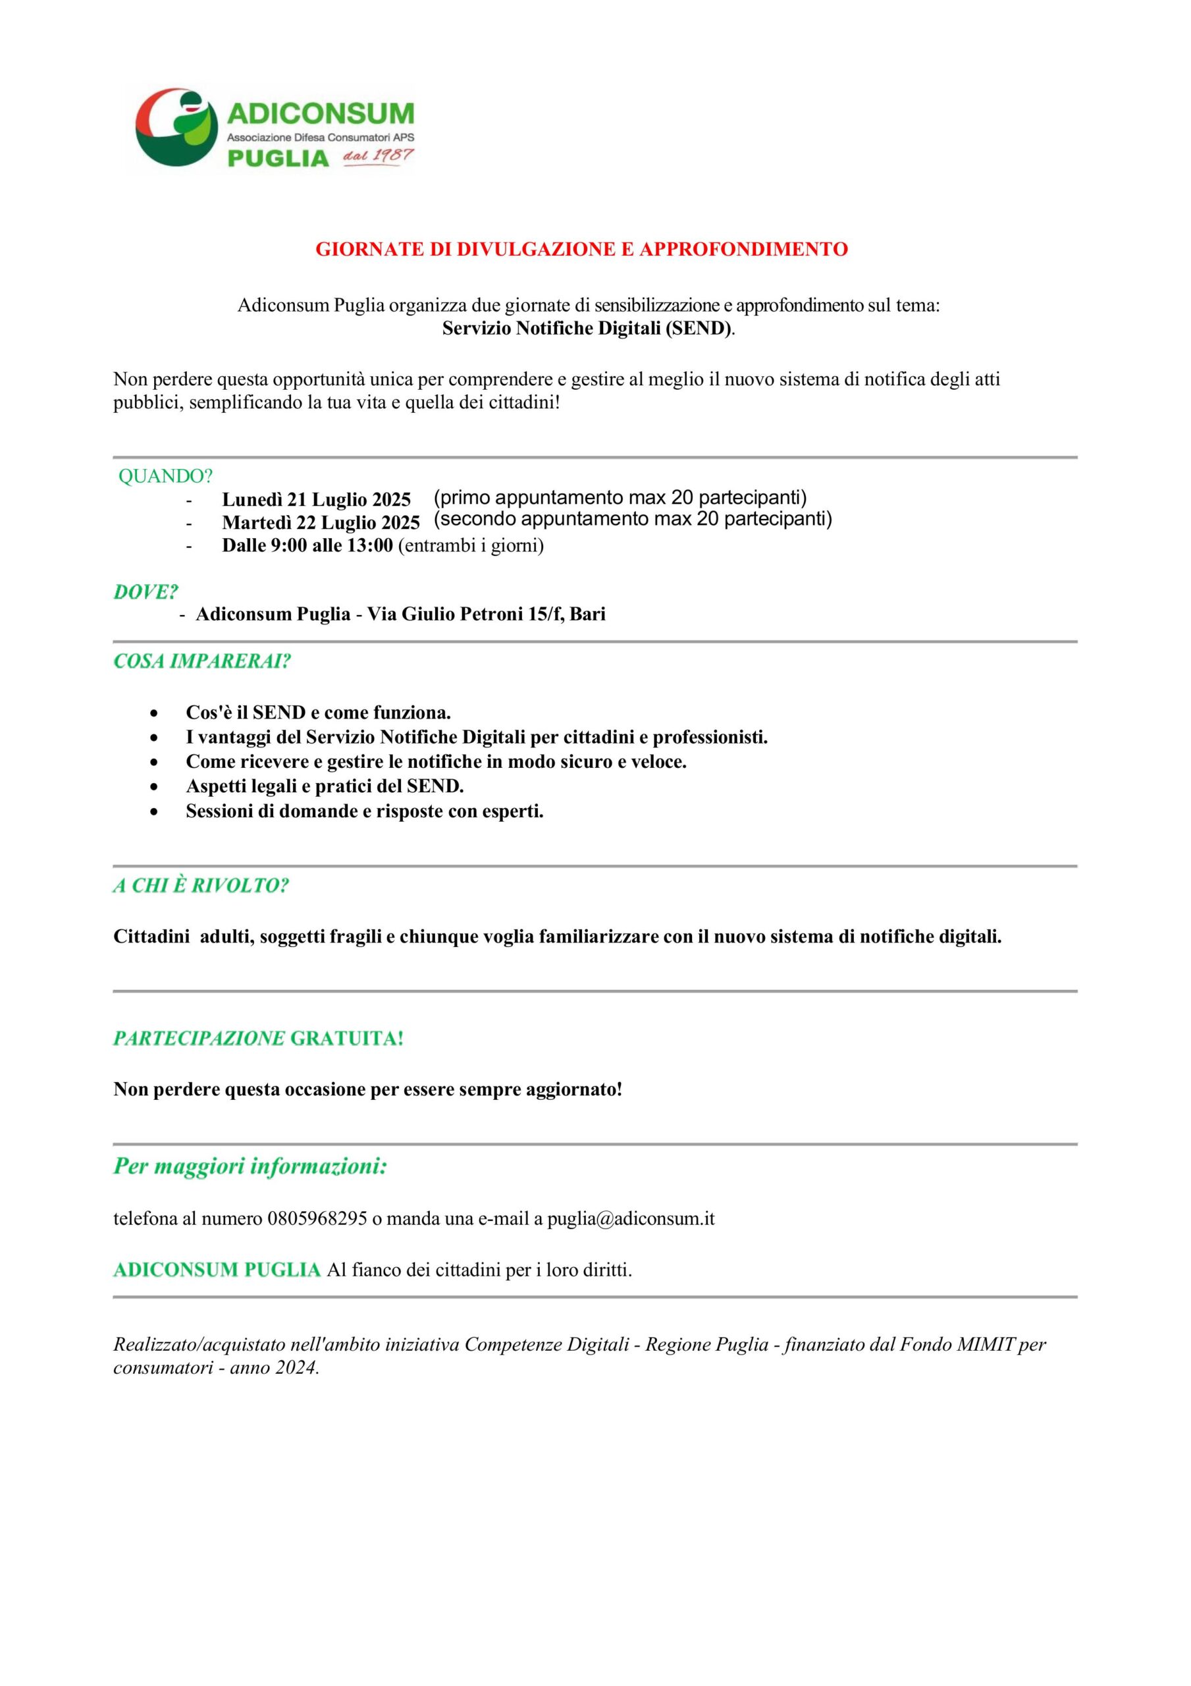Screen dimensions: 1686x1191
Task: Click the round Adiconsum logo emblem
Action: (x=176, y=128)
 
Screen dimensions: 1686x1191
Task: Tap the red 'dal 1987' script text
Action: (x=377, y=155)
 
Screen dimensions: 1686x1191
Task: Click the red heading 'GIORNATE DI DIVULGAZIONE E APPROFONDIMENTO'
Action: (x=581, y=250)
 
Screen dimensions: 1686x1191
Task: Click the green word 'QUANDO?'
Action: (x=165, y=477)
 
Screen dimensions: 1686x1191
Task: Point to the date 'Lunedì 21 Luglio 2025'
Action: (x=316, y=500)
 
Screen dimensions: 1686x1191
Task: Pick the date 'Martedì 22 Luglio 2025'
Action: (x=321, y=523)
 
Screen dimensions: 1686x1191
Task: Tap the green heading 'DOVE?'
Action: (x=146, y=591)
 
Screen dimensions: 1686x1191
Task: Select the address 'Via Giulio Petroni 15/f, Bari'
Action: (x=486, y=614)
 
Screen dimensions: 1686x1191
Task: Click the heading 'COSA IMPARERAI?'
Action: (x=202, y=662)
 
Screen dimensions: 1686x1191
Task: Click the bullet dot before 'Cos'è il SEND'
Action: (x=153, y=713)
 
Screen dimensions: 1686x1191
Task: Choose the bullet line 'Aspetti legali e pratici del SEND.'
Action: (x=325, y=786)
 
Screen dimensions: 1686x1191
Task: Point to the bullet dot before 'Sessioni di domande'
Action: (x=153, y=812)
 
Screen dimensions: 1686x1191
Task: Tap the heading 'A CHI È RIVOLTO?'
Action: (x=200, y=886)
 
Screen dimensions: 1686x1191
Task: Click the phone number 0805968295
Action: (x=317, y=1220)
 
